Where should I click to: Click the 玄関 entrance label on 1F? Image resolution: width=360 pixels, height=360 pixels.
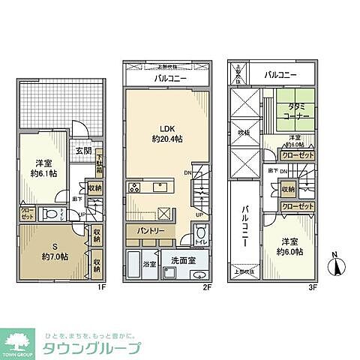83,151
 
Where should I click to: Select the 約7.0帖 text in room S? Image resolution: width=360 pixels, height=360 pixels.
55,256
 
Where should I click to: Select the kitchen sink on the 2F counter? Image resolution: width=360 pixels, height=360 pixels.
160,187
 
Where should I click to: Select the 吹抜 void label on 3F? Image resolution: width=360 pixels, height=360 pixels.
243,133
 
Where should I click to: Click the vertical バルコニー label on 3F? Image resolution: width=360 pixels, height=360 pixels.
245,225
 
